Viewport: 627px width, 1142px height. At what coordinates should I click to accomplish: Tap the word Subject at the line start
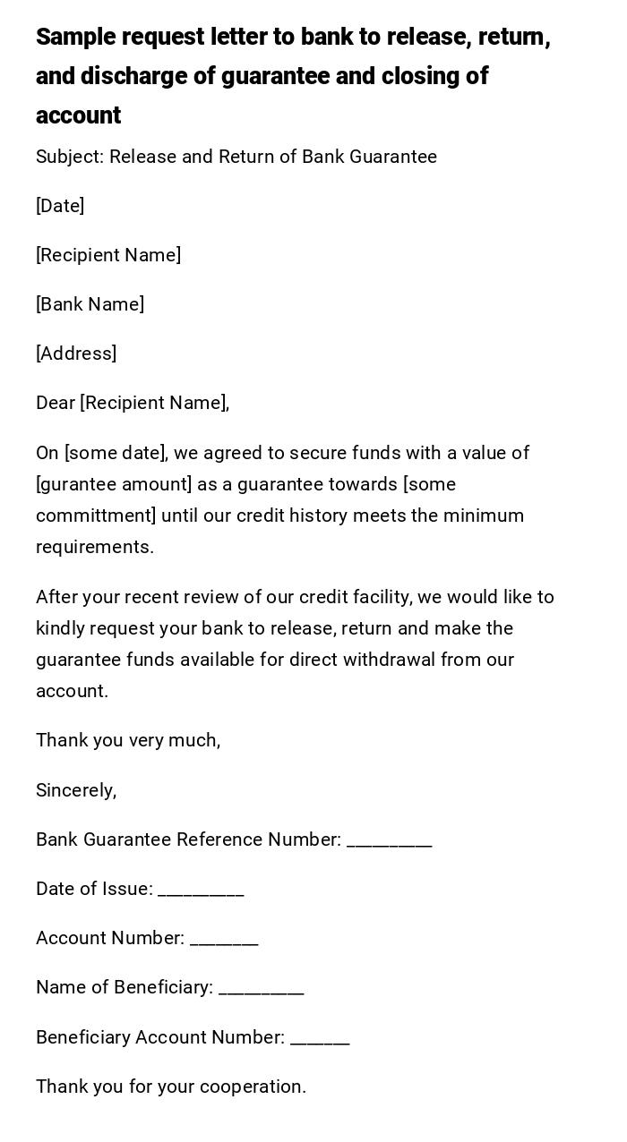click(x=69, y=158)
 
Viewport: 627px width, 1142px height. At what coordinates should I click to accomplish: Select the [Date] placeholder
click(x=60, y=207)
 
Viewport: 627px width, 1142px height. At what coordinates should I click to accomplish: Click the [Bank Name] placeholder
click(x=90, y=305)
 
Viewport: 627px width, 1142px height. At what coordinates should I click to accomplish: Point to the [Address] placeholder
click(x=76, y=354)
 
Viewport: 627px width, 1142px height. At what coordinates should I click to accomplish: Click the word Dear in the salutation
click(x=56, y=404)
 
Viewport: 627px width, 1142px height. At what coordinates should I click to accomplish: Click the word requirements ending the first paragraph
click(x=94, y=548)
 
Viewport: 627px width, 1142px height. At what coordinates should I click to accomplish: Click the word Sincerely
click(x=76, y=791)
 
